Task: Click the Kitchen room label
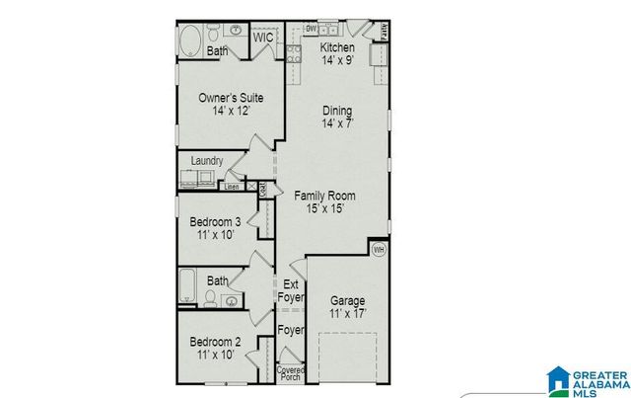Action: [x=337, y=47]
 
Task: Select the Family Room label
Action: [x=324, y=196]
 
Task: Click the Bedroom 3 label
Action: [x=215, y=222]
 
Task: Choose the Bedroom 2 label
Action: [x=215, y=342]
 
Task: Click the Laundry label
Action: [x=206, y=161]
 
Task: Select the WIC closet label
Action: [x=262, y=38]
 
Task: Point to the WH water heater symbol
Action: [x=379, y=250]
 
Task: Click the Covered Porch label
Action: [x=290, y=372]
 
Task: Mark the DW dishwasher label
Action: [x=312, y=29]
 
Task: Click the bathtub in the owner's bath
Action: [x=192, y=42]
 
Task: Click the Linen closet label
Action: [x=232, y=186]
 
